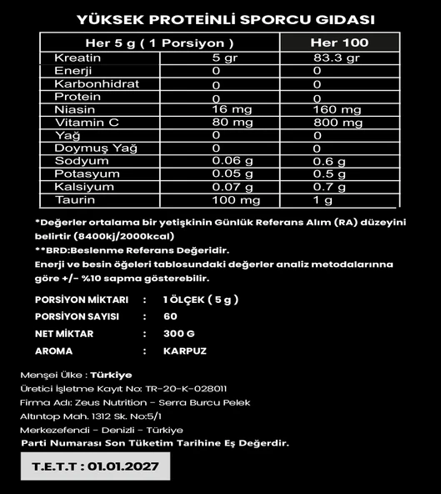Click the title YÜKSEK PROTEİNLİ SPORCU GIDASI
224,19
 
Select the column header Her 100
338,43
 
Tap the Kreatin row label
78,58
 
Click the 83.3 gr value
336,58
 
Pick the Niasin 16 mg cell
232,110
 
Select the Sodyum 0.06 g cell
234,162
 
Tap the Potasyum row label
83,174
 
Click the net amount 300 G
180,334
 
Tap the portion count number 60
170,316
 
